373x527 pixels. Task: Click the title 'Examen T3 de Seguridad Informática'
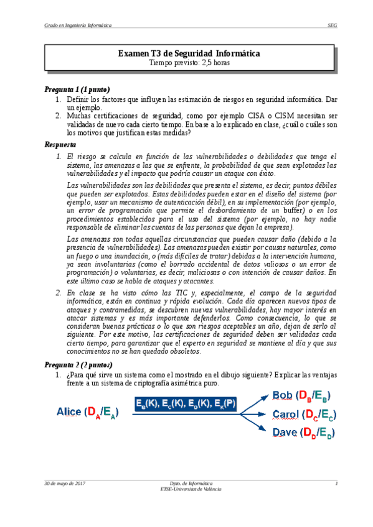point(189,54)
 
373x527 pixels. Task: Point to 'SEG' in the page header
point(332,25)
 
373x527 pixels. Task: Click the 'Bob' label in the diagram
point(284,396)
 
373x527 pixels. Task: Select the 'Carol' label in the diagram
point(286,414)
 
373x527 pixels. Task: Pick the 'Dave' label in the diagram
point(285,432)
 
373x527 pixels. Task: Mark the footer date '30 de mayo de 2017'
point(64,483)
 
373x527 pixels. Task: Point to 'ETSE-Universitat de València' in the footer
point(191,489)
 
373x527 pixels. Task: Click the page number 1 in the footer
point(336,483)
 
